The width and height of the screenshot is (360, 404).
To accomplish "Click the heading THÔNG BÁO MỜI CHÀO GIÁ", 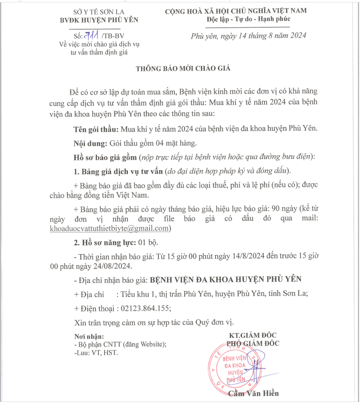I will [x=182, y=68].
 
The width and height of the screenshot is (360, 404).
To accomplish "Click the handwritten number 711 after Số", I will [x=91, y=36].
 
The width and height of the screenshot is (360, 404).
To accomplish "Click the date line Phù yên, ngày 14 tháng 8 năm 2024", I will [x=249, y=36].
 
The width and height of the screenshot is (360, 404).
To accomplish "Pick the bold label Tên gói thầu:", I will [x=96, y=129].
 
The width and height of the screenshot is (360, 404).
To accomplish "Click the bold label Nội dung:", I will [x=91, y=143].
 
